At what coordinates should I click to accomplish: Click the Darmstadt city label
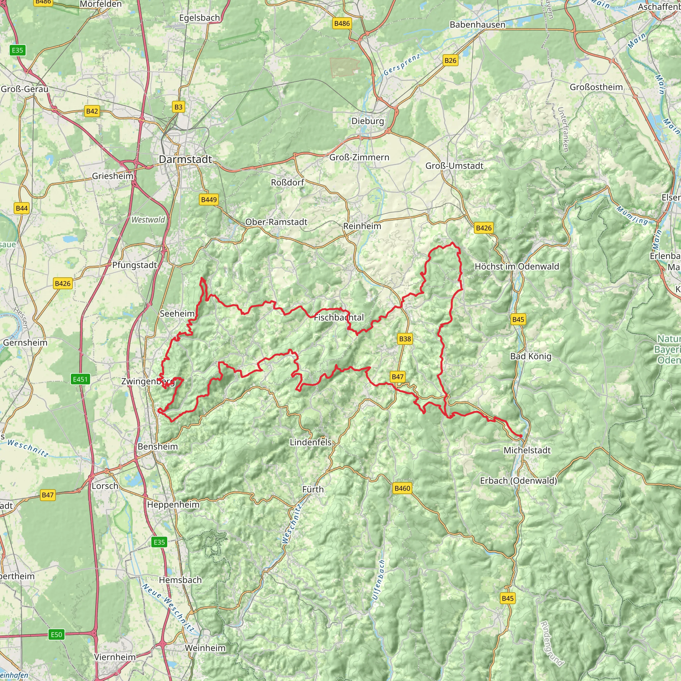[x=186, y=159]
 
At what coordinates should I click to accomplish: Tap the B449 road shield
[x=209, y=200]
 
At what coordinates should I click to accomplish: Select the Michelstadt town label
[x=527, y=450]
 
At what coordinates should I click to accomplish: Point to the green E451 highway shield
[x=80, y=379]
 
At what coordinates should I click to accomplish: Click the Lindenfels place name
[x=311, y=442]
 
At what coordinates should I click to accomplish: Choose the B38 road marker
[x=405, y=339]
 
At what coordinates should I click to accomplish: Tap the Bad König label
[x=530, y=356]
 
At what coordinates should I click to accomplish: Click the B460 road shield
[x=402, y=488]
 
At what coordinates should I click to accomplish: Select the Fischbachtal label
[x=339, y=318]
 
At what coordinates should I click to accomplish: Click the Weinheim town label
[x=205, y=648]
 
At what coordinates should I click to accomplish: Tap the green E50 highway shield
[x=57, y=635]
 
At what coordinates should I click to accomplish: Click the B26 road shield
[x=450, y=60]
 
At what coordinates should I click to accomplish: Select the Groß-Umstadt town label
[x=454, y=166]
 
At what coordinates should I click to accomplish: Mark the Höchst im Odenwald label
[x=517, y=266]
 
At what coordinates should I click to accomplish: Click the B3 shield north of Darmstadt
[x=178, y=107]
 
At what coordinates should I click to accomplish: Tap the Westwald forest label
[x=148, y=220]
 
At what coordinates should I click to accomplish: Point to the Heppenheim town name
[x=173, y=505]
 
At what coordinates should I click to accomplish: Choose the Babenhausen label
[x=477, y=25]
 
